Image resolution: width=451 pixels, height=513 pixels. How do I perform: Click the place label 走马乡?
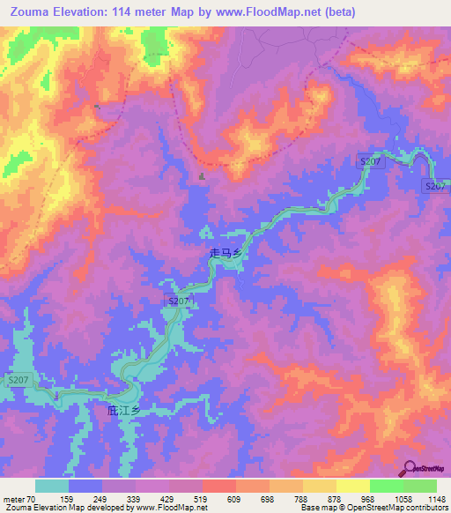(x=225, y=253)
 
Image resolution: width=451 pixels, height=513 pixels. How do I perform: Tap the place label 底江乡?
(x=123, y=411)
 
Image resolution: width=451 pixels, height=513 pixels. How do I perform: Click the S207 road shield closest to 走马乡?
(x=179, y=301)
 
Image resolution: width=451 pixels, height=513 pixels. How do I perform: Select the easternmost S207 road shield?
(x=435, y=186)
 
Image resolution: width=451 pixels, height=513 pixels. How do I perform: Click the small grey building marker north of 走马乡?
(x=202, y=177)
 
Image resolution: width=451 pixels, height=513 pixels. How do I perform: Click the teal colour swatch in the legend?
(x=52, y=486)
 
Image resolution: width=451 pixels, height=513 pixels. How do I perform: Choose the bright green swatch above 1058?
(x=386, y=486)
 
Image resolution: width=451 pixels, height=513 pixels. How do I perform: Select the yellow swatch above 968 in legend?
(x=352, y=486)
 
